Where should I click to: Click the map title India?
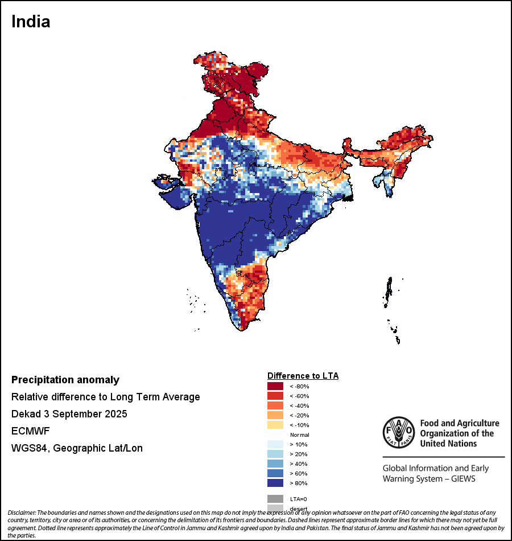tap(31, 22)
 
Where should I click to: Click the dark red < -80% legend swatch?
tap(275, 386)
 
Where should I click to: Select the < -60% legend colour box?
tap(275, 396)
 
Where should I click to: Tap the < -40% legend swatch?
tap(275, 405)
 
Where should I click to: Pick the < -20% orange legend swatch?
tap(275, 415)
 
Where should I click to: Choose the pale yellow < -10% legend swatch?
tap(275, 425)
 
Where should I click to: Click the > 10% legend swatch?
tap(275, 444)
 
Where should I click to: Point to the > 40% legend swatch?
tap(275, 464)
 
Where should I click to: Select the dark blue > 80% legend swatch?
tap(275, 483)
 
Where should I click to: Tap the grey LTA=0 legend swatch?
tap(275, 499)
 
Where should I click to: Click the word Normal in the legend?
tap(299, 435)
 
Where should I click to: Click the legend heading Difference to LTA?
tap(303, 376)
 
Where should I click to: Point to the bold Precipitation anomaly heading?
tap(65, 380)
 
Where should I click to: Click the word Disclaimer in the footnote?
tap(22, 513)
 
